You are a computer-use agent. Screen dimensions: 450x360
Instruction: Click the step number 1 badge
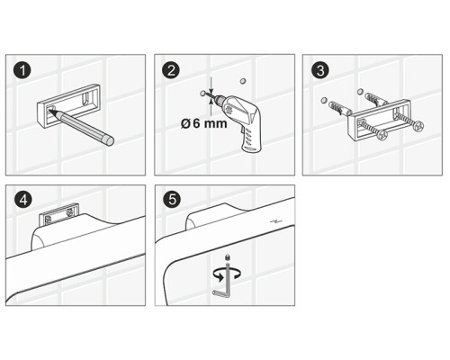point(22,71)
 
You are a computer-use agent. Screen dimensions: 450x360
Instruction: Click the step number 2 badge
point(171,71)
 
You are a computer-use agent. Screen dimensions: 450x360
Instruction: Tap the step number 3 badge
point(320,71)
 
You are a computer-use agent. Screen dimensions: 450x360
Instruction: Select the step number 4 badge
point(23,200)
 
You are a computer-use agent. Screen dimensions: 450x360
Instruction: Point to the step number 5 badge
point(172,200)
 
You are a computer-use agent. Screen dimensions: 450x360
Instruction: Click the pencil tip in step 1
point(50,111)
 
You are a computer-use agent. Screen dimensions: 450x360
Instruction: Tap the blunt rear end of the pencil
point(109,140)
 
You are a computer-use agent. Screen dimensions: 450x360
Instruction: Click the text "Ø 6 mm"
point(204,123)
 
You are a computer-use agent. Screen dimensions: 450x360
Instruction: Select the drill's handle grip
point(251,138)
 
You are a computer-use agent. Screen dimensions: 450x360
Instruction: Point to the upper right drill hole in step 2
point(243,81)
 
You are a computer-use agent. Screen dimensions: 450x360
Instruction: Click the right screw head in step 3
point(418,126)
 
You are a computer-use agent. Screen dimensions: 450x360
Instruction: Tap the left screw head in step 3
point(382,135)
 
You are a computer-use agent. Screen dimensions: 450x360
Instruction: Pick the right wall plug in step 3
point(376,99)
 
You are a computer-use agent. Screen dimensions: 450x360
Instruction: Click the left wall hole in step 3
point(323,100)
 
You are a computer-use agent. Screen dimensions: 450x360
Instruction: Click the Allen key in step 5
point(222,281)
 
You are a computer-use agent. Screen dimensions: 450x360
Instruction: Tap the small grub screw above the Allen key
point(227,257)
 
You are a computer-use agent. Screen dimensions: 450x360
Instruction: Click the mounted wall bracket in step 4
point(59,214)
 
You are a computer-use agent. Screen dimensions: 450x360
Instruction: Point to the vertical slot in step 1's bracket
point(86,98)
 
